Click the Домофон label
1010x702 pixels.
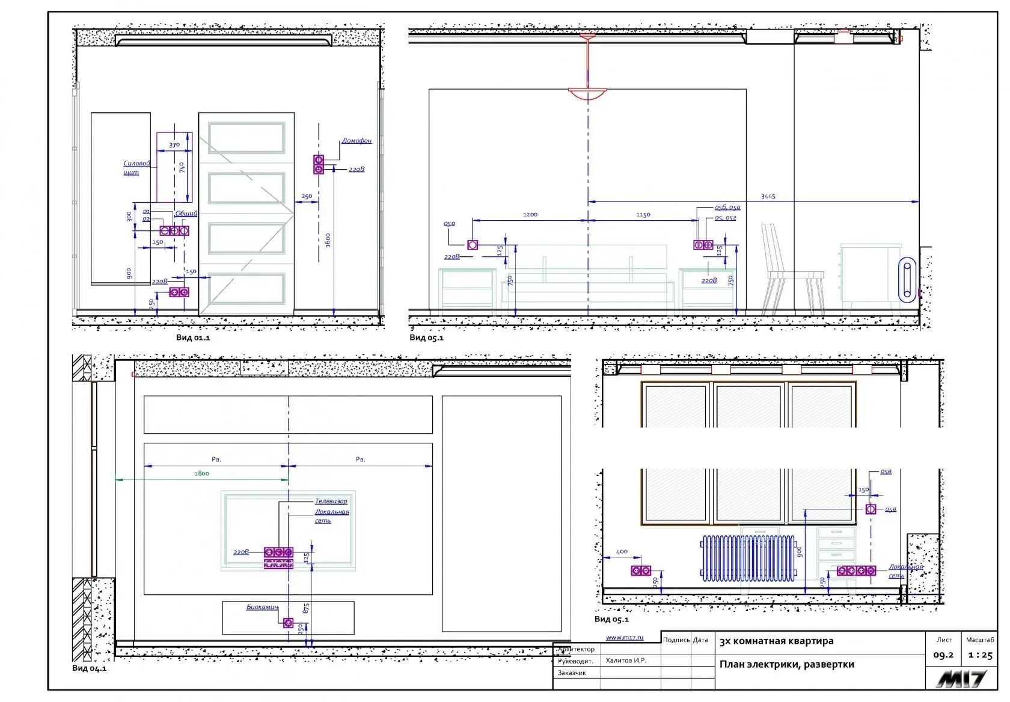click(357, 141)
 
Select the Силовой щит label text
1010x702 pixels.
click(136, 167)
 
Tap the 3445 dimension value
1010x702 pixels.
click(768, 197)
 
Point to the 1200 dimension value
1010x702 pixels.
click(530, 215)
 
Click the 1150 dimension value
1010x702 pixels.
click(643, 215)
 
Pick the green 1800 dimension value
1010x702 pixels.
click(201, 473)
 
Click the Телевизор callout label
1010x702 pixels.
click(331, 501)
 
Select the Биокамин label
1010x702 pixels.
click(262, 607)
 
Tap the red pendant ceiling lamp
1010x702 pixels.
click(587, 93)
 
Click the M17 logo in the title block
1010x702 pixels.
click(961, 679)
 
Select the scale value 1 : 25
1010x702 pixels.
click(980, 656)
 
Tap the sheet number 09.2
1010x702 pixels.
click(943, 655)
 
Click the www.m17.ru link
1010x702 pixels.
click(624, 638)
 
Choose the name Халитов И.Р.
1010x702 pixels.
click(626, 660)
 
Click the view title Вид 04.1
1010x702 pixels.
click(89, 668)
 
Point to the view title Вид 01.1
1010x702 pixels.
click(193, 337)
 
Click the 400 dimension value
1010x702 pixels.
click(622, 551)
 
